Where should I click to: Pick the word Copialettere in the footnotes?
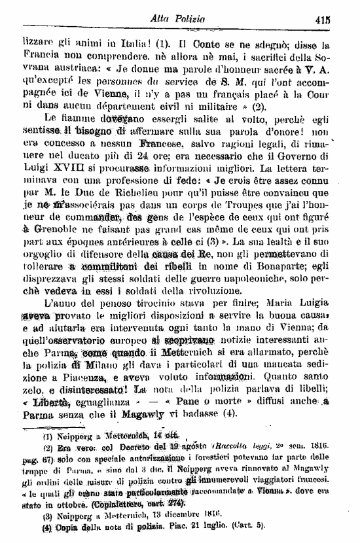[x=107, y=505]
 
